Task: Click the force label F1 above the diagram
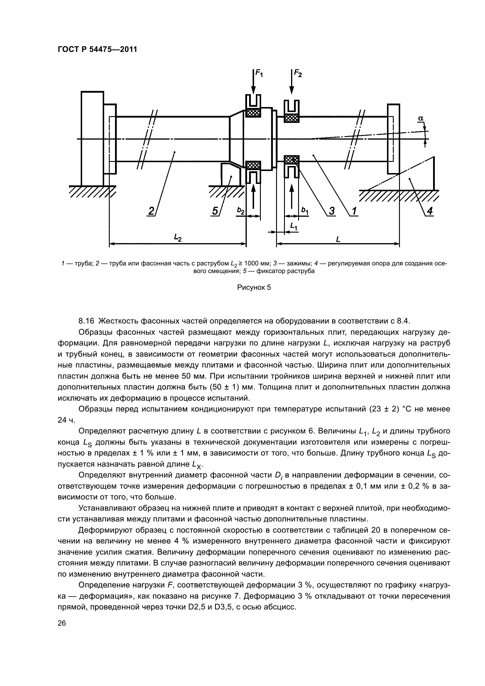pyautogui.click(x=259, y=73)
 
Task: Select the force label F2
pyautogui.click(x=298, y=73)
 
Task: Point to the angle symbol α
pyautogui.click(x=421, y=119)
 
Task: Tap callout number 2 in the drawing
pyautogui.click(x=151, y=211)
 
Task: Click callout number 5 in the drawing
pyautogui.click(x=215, y=211)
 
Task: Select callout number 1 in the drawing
pyautogui.click(x=354, y=211)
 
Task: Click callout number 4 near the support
pyautogui.click(x=430, y=211)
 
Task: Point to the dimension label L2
pyautogui.click(x=178, y=238)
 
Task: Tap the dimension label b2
pyautogui.click(x=241, y=211)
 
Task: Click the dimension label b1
pyautogui.click(x=305, y=211)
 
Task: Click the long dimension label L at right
pyautogui.click(x=338, y=239)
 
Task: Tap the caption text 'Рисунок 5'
pyautogui.click(x=254, y=287)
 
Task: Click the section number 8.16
pyautogui.click(x=86, y=321)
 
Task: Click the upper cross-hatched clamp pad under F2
pyautogui.click(x=292, y=118)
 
